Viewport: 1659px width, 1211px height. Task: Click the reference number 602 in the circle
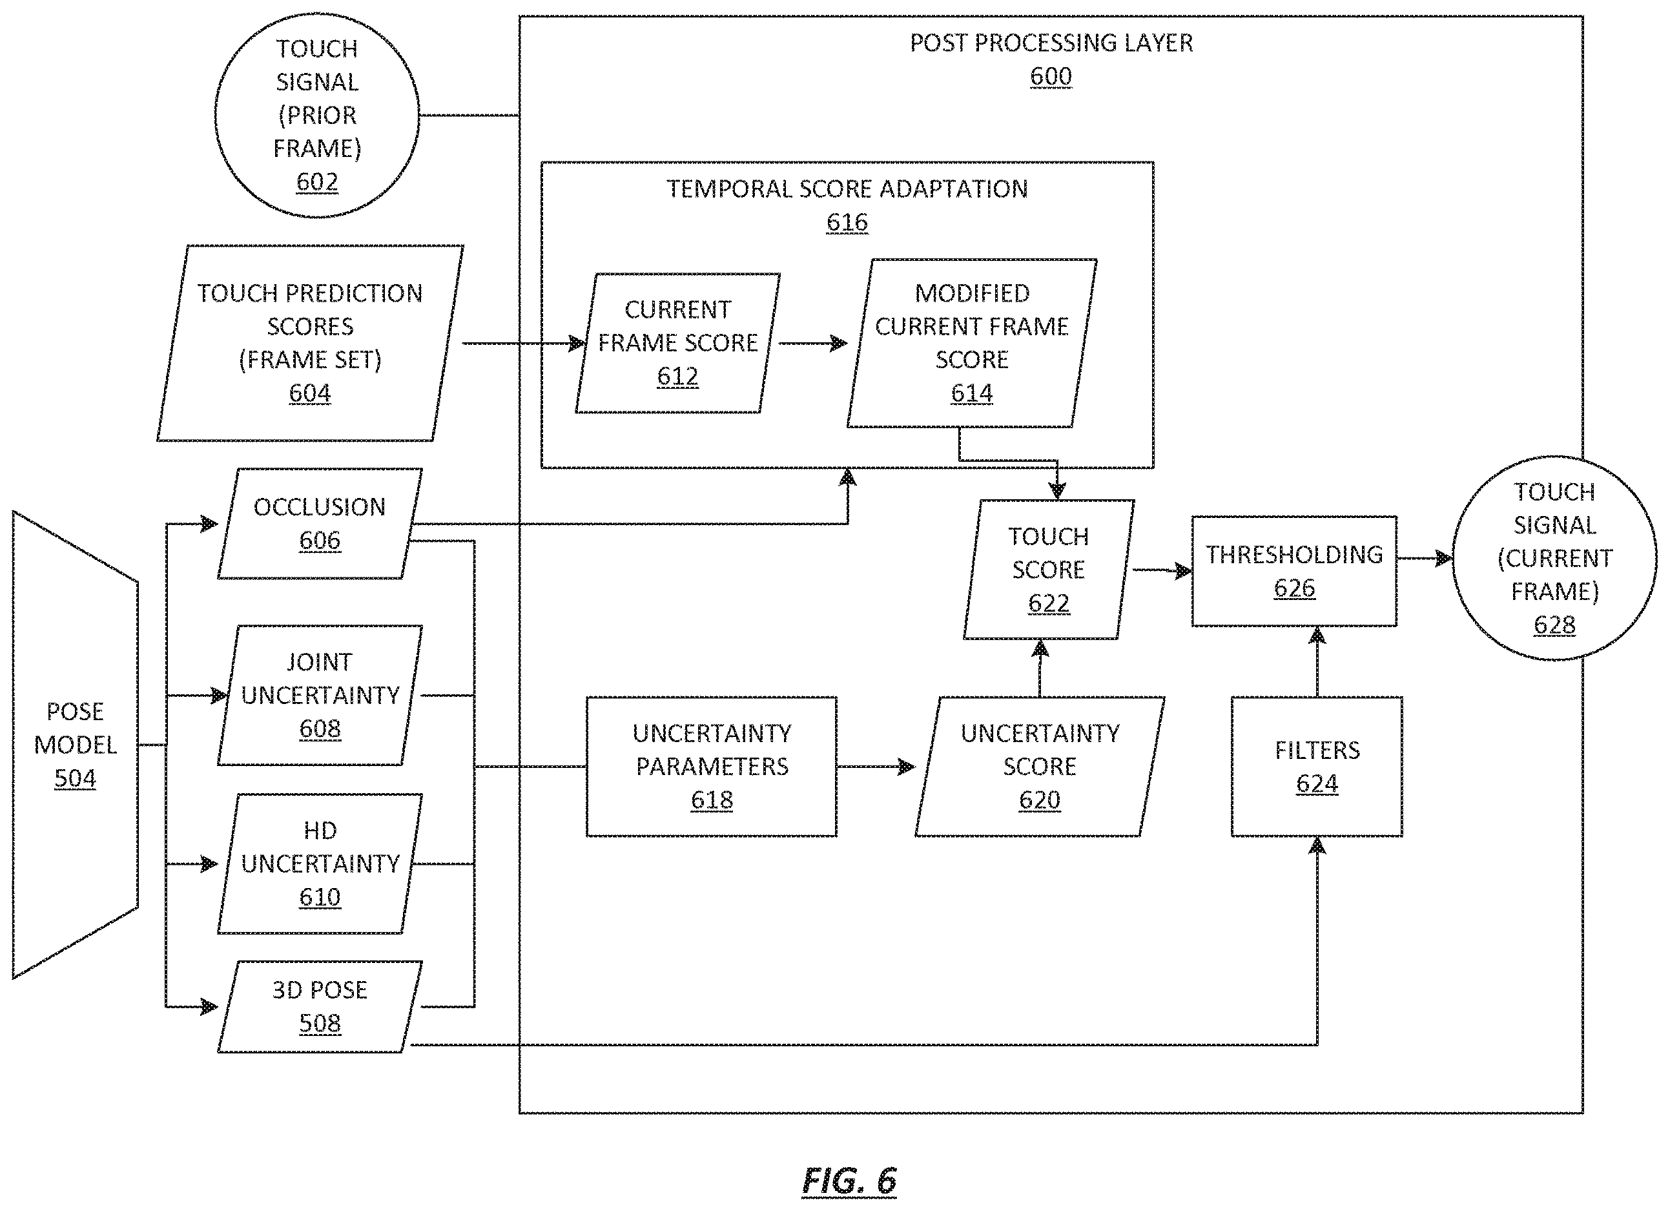coord(317,181)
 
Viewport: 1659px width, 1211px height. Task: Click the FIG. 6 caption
coord(849,1180)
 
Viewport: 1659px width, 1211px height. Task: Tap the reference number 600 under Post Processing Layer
coord(1051,76)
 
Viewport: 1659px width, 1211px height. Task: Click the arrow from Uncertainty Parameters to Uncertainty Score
coord(876,767)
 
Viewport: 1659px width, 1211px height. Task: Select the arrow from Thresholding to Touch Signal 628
coord(1425,559)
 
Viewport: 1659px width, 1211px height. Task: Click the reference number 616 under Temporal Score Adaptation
coord(847,222)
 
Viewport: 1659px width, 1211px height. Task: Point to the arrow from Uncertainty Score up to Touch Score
coord(1040,668)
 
